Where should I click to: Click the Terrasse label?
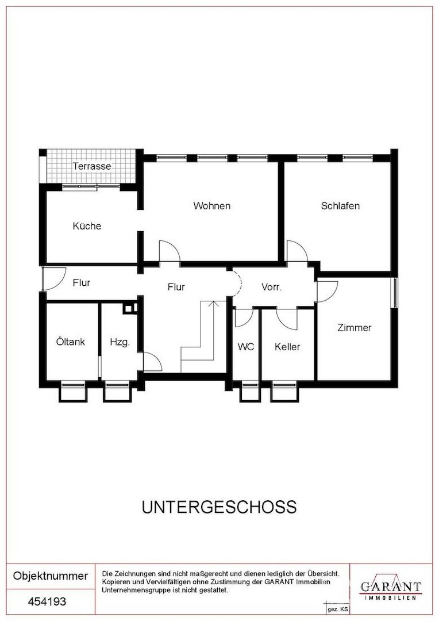click(x=92, y=166)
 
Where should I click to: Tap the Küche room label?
click(x=87, y=226)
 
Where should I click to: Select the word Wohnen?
click(x=212, y=206)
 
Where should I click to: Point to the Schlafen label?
click(x=340, y=206)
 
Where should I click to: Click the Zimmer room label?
click(x=354, y=328)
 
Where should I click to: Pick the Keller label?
click(x=287, y=347)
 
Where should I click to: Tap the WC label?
click(x=246, y=347)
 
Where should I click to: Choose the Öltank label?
click(x=71, y=342)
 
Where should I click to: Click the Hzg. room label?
click(x=120, y=342)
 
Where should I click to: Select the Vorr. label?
click(x=271, y=287)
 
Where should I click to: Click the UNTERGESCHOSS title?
click(x=219, y=507)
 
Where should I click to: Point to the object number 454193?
click(x=48, y=602)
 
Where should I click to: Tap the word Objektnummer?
click(x=51, y=576)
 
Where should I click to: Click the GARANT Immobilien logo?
click(x=391, y=588)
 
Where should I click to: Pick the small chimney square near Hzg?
click(x=129, y=308)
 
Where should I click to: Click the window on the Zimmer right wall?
click(x=394, y=293)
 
